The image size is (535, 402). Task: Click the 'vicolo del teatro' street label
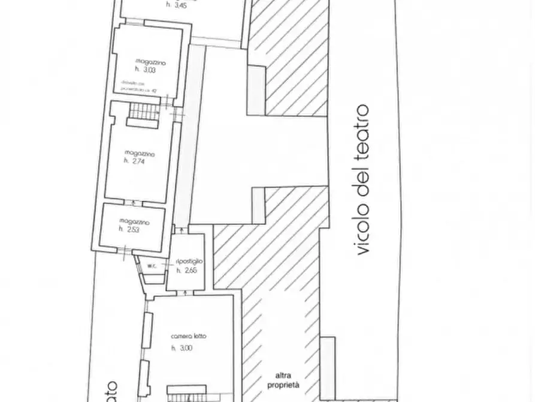point(361,181)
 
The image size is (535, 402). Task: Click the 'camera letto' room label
point(188,337)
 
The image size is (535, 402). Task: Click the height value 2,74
point(135,161)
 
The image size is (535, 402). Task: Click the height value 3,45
point(176,5)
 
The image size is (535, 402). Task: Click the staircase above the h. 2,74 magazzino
point(143,111)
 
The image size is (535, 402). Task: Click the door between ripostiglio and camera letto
point(185,292)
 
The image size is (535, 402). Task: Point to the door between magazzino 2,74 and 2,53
point(134,202)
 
